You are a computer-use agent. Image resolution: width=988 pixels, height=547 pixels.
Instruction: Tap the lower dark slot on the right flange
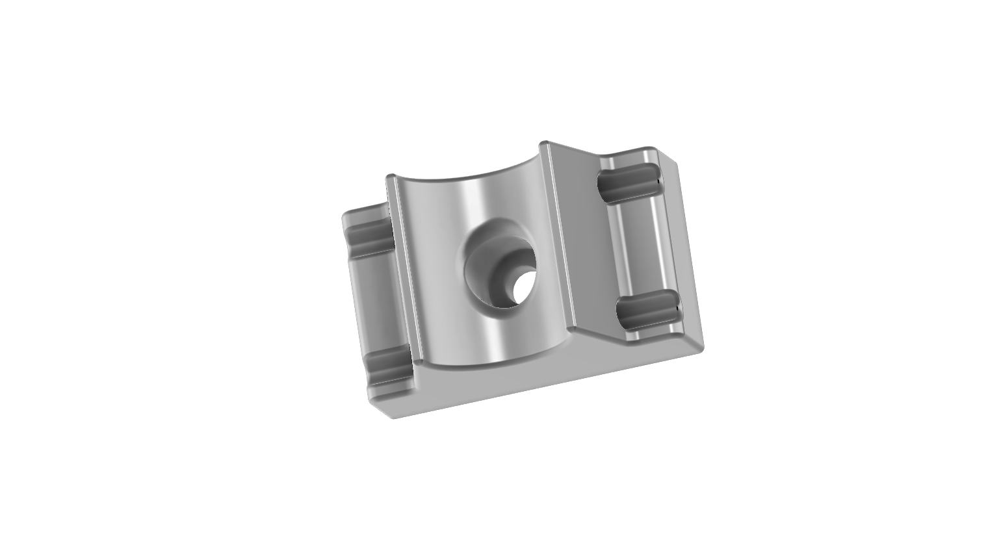click(647, 311)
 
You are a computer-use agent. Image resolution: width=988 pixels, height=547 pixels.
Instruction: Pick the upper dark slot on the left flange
click(370, 236)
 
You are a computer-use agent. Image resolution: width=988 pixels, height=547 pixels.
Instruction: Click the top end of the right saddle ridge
click(545, 145)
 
